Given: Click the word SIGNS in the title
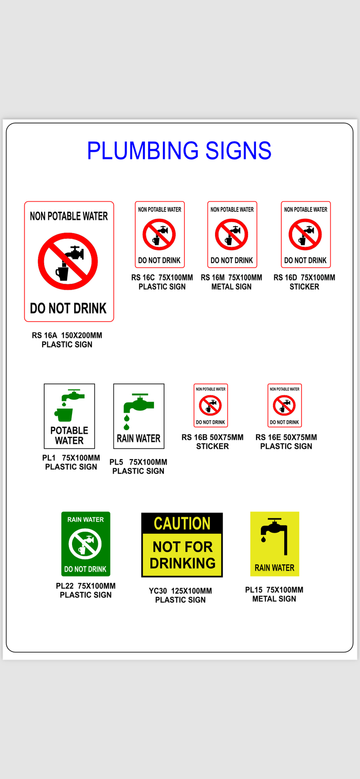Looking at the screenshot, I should click(238, 151).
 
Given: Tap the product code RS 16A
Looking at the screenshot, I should click(45, 335).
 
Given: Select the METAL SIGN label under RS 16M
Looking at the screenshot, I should click(231, 287).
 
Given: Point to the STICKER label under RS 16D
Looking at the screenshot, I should click(304, 287).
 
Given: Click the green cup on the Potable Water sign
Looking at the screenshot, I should click(64, 414).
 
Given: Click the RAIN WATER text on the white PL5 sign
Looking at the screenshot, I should click(139, 439).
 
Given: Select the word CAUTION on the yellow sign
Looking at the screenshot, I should click(182, 524).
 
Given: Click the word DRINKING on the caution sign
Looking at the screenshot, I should click(182, 563).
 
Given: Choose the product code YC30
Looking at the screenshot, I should click(158, 591).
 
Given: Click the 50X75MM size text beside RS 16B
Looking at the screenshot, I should click(229, 437).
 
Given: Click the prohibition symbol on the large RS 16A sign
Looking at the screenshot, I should click(68, 261).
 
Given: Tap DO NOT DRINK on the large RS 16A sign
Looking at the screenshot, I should click(68, 309).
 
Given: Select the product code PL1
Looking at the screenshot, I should click(49, 458).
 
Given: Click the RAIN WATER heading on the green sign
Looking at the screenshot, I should click(85, 519).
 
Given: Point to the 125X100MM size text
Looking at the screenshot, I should click(191, 591).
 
